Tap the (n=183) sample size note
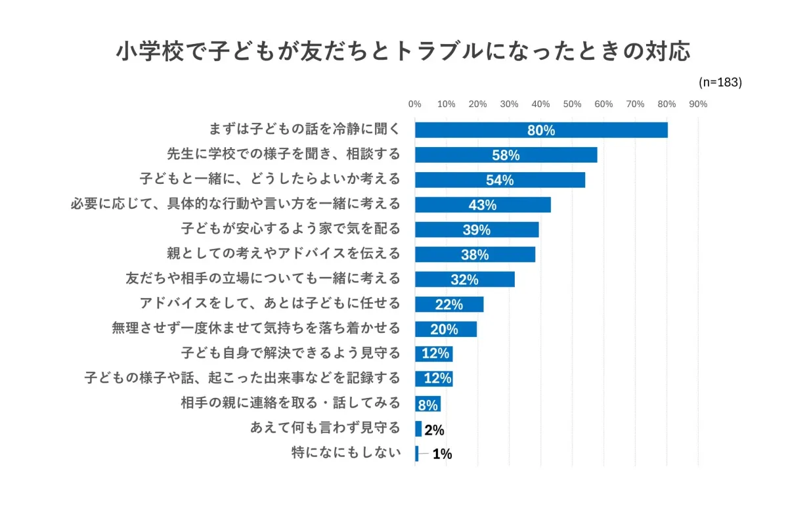point(720,82)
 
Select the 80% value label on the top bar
point(541,131)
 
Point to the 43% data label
point(483,205)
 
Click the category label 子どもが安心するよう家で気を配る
point(290,229)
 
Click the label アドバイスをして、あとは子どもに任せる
point(270,304)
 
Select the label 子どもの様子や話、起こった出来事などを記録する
point(242,378)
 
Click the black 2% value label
point(434,430)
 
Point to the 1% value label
point(442,454)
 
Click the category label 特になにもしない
point(345,453)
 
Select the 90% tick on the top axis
point(697,104)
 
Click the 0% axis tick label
point(415,104)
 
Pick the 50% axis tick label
point(572,104)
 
